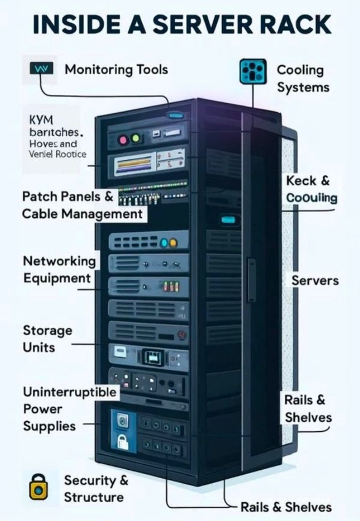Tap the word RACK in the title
point(296,25)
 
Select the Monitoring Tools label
point(116,69)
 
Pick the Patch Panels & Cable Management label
point(82,205)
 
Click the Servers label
point(315,280)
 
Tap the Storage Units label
point(47,338)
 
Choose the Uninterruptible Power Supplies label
point(69,409)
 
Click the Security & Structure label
point(96,488)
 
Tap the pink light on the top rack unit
point(123,140)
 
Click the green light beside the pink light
point(135,140)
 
